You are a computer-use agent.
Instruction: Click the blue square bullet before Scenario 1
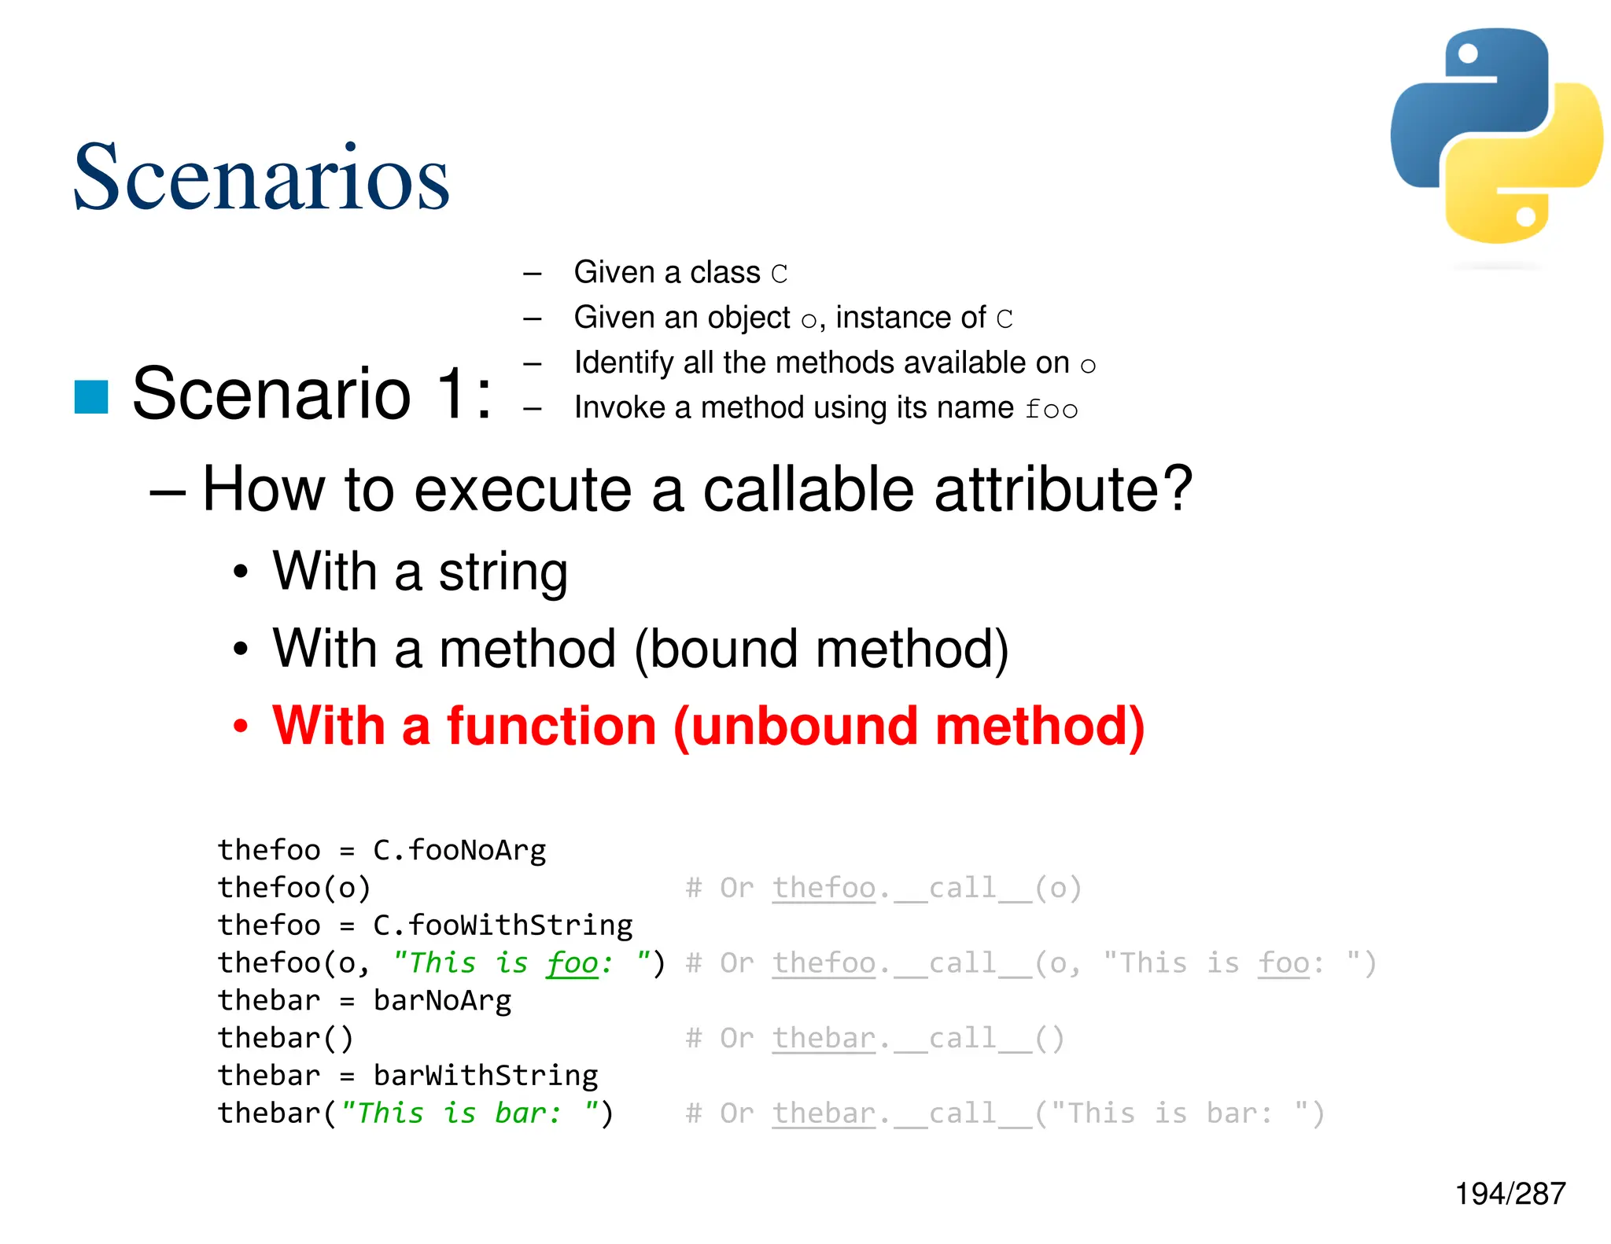point(91,396)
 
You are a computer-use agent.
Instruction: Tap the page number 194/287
point(1510,1194)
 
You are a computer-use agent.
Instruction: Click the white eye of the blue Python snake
point(1468,53)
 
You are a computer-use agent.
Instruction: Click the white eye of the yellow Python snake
point(1525,216)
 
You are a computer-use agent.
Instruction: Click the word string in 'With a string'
point(503,572)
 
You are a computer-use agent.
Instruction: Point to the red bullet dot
point(241,726)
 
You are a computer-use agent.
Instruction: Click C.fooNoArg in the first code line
point(459,850)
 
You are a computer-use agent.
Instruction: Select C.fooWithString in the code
point(502,926)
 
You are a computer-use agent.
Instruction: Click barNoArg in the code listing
point(441,1000)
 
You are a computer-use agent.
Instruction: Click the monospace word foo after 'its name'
point(1051,409)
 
